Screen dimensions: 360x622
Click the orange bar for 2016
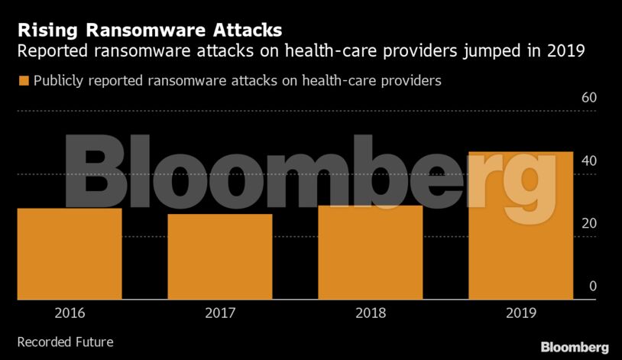coord(69,254)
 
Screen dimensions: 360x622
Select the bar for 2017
coord(219,257)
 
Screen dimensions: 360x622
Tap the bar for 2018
coord(370,252)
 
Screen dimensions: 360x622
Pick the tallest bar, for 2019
coord(520,225)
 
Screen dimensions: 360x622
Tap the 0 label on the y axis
coord(591,286)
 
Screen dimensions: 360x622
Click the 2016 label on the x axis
coord(70,313)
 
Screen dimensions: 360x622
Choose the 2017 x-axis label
coord(219,313)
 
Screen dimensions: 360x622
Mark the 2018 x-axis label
coord(370,313)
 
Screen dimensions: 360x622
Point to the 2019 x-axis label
coord(520,313)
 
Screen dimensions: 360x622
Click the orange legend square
coord(23,80)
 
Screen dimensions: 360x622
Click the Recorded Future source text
coord(65,342)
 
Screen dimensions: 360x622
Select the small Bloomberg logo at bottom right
coord(575,347)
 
